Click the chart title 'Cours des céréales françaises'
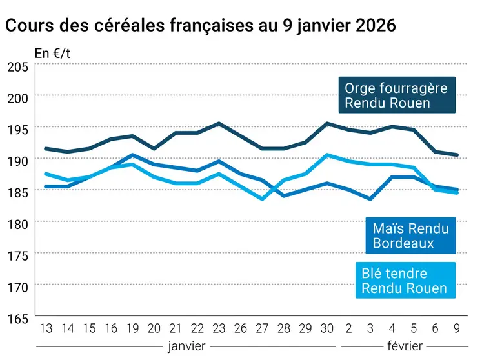point(200,25)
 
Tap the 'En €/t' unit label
point(52,54)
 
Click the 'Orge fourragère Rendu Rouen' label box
point(396,95)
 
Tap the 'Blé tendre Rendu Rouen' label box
point(405,280)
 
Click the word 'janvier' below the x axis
point(186,346)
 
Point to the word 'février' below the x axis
point(405,346)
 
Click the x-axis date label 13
point(46,328)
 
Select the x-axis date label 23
point(219,328)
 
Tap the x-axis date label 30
point(327,328)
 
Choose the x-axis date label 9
point(457,328)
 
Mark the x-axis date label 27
point(262,328)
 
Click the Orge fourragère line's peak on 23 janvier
point(219,123)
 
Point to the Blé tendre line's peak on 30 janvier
point(327,155)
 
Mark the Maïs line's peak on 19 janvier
point(132,155)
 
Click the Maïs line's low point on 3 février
point(370,199)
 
